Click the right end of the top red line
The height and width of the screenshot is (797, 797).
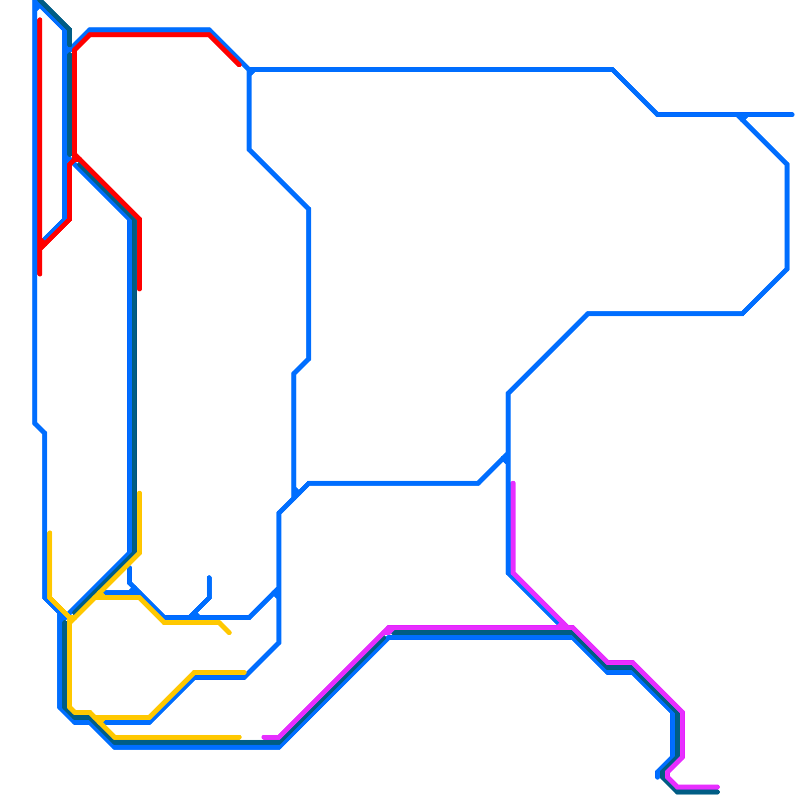239,65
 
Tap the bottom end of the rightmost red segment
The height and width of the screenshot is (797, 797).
139,289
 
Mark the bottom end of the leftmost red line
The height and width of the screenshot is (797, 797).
40,274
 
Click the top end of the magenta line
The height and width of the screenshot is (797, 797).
513,483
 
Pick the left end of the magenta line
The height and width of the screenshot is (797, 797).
264,737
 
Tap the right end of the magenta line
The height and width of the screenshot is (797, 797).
718,787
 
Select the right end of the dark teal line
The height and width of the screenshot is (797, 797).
718,792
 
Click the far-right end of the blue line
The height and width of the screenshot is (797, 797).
792,115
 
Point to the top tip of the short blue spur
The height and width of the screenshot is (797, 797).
209,577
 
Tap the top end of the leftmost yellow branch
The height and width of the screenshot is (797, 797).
50,533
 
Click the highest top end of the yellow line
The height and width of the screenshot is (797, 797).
139,493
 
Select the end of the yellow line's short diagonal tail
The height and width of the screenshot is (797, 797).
230,633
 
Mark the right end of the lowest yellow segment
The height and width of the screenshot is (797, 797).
240,737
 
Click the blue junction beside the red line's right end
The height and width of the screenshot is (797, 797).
249,70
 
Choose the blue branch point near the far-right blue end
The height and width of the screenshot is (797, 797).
742,115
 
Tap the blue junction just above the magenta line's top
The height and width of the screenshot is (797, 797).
508,456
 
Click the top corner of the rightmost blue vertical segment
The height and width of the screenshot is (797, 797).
787,164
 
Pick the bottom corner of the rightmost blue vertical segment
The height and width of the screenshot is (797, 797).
787,269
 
